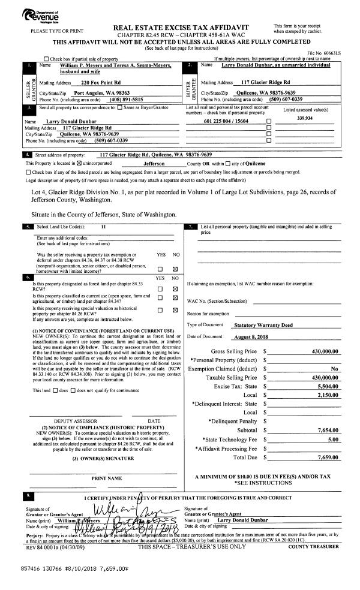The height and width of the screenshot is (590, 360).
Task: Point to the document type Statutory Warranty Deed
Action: click(x=263, y=324)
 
